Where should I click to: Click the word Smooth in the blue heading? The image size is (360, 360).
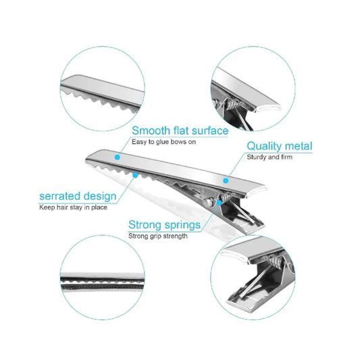click(x=151, y=130)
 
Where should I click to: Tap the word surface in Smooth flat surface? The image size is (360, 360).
click(x=207, y=130)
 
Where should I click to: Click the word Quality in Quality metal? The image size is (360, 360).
click(x=265, y=146)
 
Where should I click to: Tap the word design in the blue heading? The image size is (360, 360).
click(x=99, y=197)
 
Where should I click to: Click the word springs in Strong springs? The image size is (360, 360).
click(x=180, y=225)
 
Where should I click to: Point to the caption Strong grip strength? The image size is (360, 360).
click(x=158, y=236)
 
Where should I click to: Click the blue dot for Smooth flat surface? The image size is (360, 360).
click(x=117, y=156)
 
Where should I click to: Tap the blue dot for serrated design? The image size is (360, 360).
click(x=136, y=174)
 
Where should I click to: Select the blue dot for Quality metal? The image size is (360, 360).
click(x=226, y=180)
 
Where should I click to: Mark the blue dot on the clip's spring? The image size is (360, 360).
click(x=219, y=201)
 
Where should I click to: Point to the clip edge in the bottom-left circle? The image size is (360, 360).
click(x=101, y=280)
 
